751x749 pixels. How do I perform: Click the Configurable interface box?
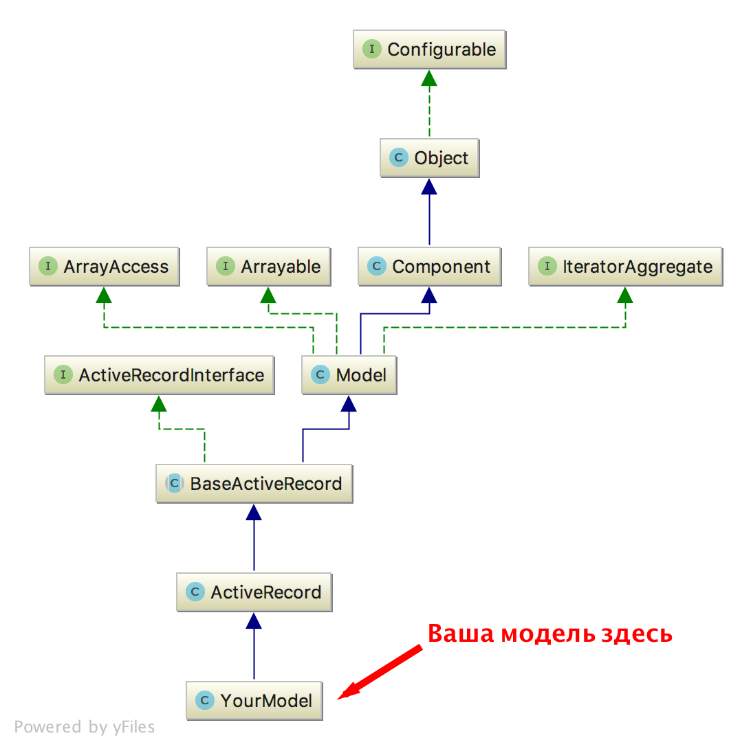click(430, 49)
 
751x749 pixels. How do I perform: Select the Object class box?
click(430, 158)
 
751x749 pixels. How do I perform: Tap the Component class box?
click(430, 267)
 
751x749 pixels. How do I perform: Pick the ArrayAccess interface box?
click(104, 267)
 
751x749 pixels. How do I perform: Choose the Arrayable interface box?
click(268, 267)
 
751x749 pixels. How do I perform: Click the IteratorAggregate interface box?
click(625, 267)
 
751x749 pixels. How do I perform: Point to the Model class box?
click(349, 375)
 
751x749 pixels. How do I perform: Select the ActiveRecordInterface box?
click(159, 375)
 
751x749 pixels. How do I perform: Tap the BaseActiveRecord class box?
click(254, 484)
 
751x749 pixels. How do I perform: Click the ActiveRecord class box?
click(254, 592)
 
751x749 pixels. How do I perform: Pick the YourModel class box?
click(254, 701)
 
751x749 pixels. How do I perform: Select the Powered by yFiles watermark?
click(85, 727)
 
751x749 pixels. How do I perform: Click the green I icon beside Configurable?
click(372, 49)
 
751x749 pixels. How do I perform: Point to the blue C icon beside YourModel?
click(205, 701)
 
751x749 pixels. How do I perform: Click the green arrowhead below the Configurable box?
click(430, 78)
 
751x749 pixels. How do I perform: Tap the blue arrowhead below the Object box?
click(430, 186)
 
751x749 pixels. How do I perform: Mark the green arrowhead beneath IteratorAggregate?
click(625, 295)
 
